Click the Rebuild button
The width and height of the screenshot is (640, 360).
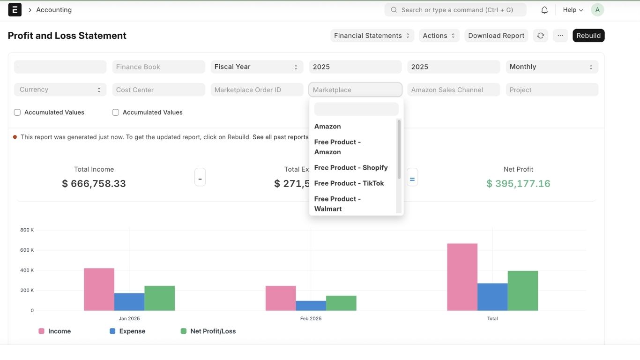coord(588,36)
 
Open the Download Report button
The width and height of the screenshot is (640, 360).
coord(496,36)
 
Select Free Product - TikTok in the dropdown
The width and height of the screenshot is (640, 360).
coord(349,183)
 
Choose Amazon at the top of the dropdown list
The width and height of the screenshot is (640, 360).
coord(327,127)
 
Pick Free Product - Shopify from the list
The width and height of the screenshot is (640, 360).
coord(351,168)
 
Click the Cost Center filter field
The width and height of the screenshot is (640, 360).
coord(158,90)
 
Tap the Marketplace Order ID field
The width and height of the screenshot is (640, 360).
coord(257,90)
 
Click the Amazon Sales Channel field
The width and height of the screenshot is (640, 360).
coord(454,90)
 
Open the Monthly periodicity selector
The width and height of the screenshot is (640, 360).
coord(551,67)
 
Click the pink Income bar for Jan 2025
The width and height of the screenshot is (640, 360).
coord(99,289)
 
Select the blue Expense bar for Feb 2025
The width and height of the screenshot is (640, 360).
coord(311,306)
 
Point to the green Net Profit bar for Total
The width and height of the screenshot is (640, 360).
coord(522,291)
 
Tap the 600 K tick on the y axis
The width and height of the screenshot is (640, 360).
coord(27,250)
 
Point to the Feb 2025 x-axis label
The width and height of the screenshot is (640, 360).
coord(311,319)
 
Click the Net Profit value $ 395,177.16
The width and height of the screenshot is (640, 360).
coord(518,184)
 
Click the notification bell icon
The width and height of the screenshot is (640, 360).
coord(544,10)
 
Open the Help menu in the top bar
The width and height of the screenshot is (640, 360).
coord(573,10)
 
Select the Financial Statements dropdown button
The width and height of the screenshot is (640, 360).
coord(372,36)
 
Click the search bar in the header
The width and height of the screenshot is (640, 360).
coord(455,10)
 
